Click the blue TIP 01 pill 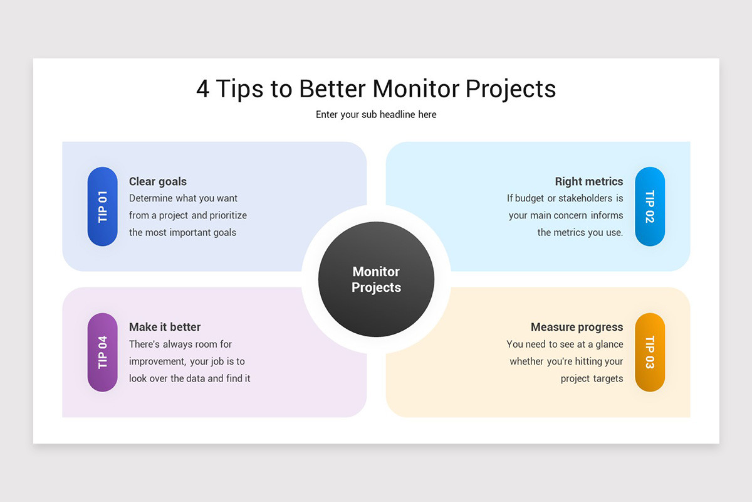102,206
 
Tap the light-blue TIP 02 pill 650,206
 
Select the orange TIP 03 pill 650,352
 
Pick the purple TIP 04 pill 102,352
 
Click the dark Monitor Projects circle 376,279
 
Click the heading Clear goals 158,181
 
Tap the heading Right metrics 588,181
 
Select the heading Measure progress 577,327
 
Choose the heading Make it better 165,327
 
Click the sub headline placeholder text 376,114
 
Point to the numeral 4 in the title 202,88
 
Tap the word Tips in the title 240,88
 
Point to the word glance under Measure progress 609,344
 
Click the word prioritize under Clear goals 228,215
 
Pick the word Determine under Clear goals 150,198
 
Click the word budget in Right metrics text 530,198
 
